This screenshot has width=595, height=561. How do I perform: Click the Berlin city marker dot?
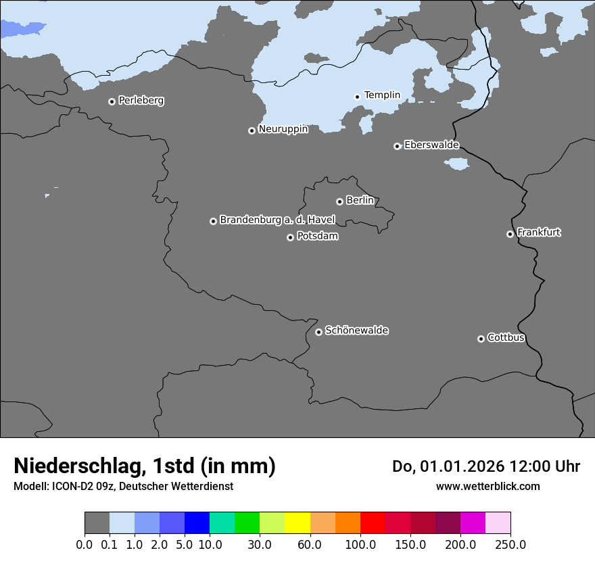tap(339, 201)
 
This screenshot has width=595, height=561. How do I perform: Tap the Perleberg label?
tap(141, 101)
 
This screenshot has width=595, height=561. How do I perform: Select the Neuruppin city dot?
tap(252, 130)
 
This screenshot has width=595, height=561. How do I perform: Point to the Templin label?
tap(382, 95)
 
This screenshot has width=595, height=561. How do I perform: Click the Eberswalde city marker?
tap(397, 146)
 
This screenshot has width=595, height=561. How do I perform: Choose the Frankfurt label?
tap(539, 233)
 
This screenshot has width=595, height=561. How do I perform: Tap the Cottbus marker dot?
tap(481, 339)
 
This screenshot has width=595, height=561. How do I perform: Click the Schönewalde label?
tap(356, 331)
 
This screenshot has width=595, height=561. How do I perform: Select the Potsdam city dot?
tap(290, 237)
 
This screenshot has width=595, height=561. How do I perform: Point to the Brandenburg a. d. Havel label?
tap(277, 220)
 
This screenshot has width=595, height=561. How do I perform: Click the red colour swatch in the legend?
tap(373, 523)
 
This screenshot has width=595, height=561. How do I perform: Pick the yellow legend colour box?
tap(297, 523)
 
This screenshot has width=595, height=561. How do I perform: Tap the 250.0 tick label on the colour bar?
tap(510, 544)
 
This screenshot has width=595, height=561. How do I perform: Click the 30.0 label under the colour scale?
tap(260, 544)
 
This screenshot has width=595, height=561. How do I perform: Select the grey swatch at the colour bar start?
tap(97, 523)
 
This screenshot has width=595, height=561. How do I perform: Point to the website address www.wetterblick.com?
tap(487, 486)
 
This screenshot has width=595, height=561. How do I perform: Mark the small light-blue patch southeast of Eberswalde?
tap(457, 164)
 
